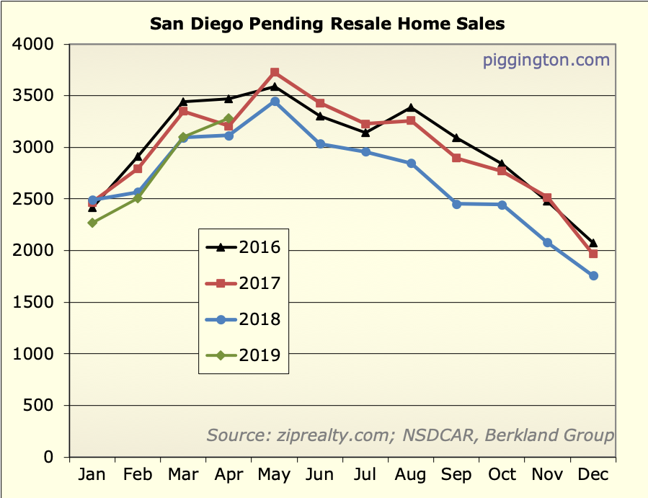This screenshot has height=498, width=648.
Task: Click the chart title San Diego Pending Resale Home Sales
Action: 327,24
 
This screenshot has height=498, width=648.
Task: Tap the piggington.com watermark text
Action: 546,60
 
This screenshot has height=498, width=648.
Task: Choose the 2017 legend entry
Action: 243,284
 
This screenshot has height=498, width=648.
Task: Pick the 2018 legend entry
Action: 243,319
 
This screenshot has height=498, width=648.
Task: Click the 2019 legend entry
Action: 243,355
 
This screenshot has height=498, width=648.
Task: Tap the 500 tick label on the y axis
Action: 40,406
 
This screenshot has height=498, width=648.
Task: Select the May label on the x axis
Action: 274,475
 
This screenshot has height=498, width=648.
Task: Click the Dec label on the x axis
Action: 593,475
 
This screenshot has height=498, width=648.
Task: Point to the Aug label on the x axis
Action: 411,475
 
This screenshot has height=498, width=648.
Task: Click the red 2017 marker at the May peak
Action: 275,73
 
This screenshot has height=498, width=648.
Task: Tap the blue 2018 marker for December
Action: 593,276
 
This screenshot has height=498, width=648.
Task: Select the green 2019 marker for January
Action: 93,223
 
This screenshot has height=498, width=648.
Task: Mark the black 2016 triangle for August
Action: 411,108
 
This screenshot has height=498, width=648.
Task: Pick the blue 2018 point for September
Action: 456,204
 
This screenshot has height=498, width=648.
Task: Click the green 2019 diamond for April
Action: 229,119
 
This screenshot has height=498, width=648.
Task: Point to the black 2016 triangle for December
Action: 593,243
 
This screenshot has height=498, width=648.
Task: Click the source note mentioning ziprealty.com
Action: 410,435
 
